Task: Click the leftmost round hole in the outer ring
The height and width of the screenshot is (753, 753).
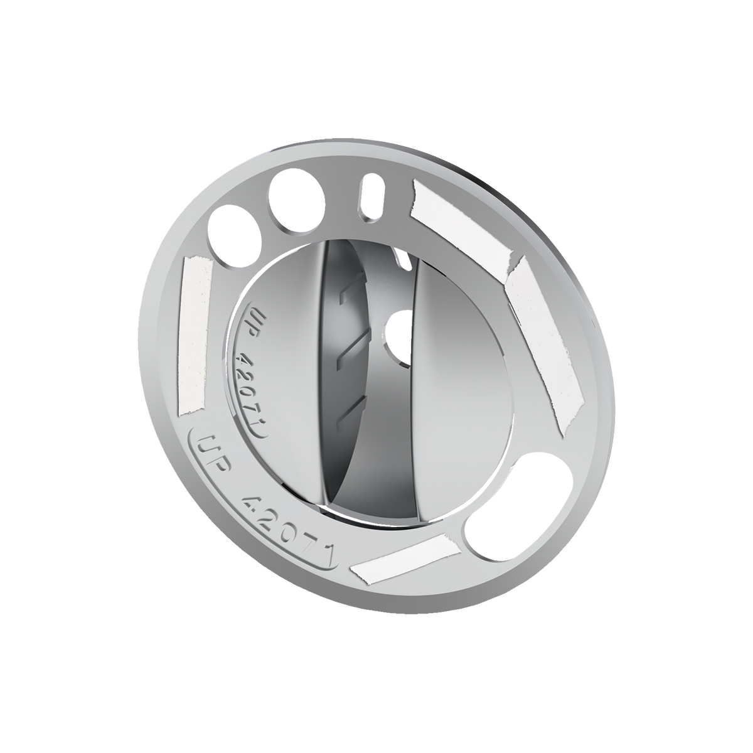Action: coord(237,234)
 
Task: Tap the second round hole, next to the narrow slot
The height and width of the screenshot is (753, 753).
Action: coord(297,195)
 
